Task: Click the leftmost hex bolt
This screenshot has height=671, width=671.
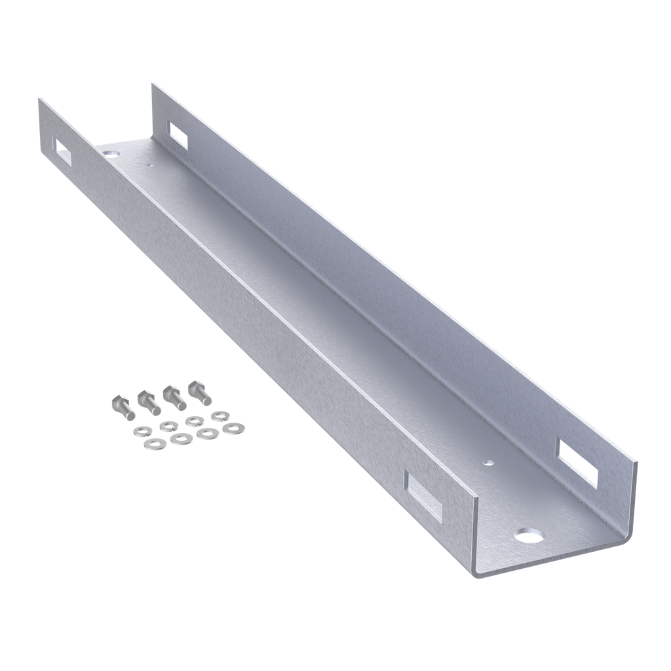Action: click(123, 408)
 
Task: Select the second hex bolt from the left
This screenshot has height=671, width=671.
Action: click(149, 402)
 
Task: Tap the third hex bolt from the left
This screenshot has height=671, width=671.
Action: click(174, 398)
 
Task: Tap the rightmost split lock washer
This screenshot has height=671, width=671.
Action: click(220, 415)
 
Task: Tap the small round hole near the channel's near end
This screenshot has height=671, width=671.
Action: click(488, 461)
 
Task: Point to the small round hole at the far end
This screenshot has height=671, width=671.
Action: click(150, 166)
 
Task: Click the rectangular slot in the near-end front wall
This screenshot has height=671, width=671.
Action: click(423, 496)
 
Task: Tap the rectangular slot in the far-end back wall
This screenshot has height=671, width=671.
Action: click(178, 133)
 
